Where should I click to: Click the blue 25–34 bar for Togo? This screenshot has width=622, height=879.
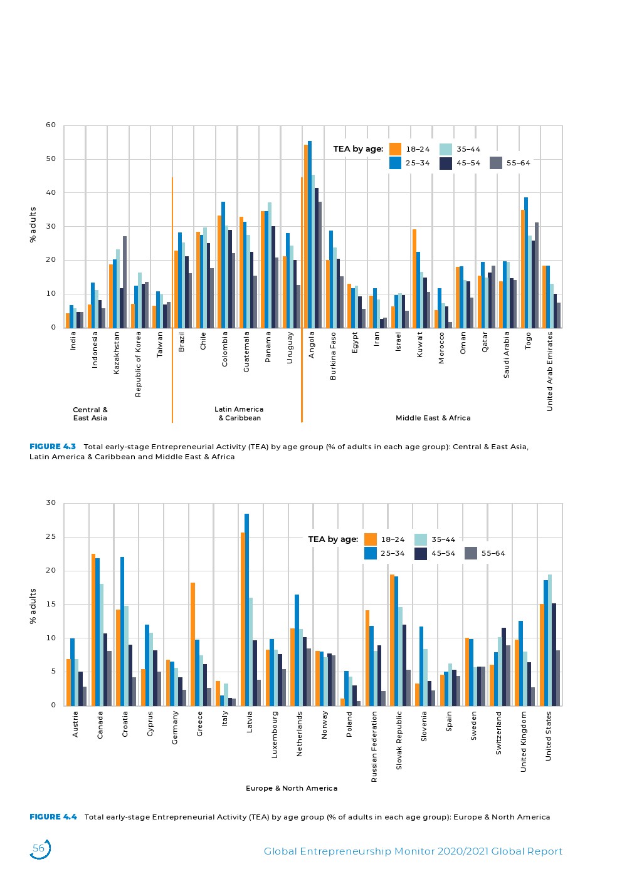coord(526,263)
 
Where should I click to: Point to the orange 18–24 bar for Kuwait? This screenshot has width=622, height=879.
coord(414,278)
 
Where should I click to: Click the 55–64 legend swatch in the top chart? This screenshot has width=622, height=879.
coord(495,163)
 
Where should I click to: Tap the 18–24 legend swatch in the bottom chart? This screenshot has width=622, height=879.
coord(371,539)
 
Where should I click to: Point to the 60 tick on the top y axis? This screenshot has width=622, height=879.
coord(51,125)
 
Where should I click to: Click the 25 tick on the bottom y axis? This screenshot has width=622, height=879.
coord(51,537)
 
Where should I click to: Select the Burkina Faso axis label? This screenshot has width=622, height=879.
coord(334,356)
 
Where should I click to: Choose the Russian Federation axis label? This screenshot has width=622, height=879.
coord(374,746)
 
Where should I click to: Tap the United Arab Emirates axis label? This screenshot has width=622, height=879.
coord(550,372)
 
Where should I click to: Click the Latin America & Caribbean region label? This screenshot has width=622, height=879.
coord(239,413)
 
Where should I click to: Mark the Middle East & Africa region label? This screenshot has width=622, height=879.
coord(433,418)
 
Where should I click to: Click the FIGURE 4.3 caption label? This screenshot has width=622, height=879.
coord(53,447)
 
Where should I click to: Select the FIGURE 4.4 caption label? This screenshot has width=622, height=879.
coord(53,817)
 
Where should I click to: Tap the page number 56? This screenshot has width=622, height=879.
coord(39,848)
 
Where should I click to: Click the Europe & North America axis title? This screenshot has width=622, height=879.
coord(292,788)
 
